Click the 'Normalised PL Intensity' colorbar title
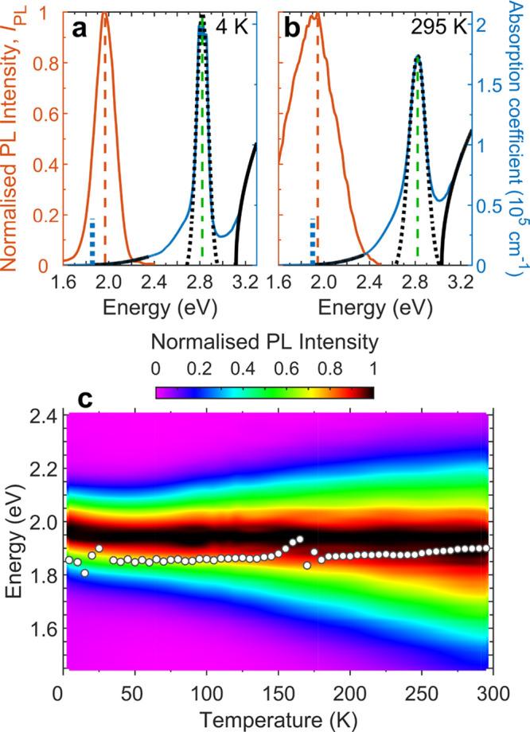(263, 345)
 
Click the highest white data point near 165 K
(299, 539)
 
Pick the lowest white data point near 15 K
(84, 573)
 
